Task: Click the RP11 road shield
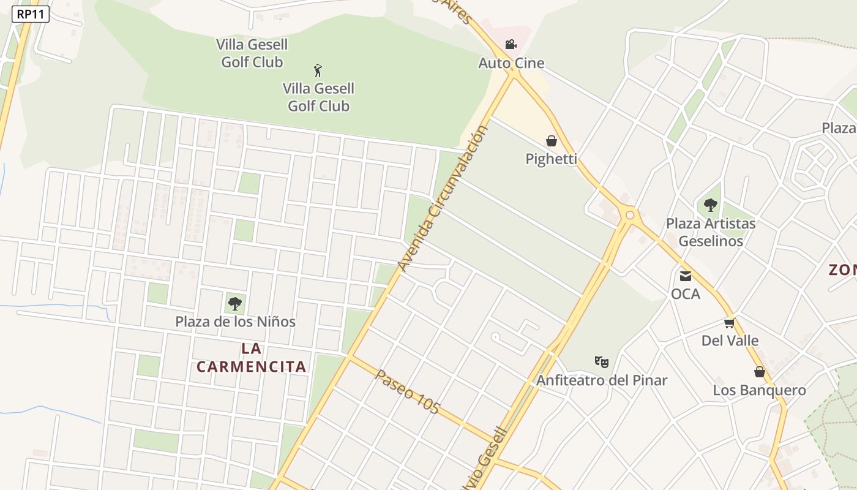tap(30, 14)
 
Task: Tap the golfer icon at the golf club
tap(318, 70)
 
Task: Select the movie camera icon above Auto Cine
tap(511, 44)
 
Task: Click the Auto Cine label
tap(511, 63)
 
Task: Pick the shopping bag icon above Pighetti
tap(552, 141)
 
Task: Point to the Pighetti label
tap(552, 159)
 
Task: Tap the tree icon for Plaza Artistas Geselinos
tap(710, 205)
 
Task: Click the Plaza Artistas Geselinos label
tap(711, 232)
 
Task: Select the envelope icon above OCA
tap(686, 276)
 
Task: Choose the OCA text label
tap(686, 294)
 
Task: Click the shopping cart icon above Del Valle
tap(729, 323)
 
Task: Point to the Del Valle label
tap(730, 341)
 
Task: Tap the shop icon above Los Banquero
tap(760, 372)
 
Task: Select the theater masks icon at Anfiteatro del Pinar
tap(602, 362)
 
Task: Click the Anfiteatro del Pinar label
tap(602, 380)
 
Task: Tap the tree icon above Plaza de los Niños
tap(234, 303)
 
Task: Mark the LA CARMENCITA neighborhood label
tap(252, 358)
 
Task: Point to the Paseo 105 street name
tap(408, 392)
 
